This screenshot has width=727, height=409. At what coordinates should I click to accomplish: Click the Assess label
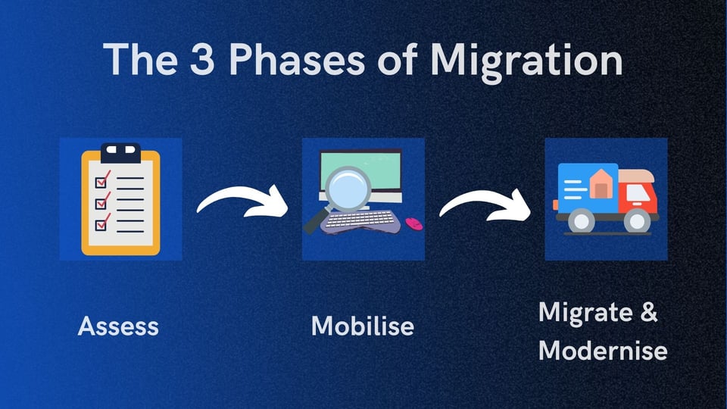[x=118, y=326]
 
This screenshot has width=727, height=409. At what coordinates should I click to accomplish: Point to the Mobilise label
[x=363, y=326]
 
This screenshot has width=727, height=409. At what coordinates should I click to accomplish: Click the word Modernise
[x=603, y=351]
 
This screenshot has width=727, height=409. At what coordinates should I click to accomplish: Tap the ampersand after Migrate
[x=648, y=313]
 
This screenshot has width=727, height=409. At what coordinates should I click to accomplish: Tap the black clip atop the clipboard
[x=120, y=150]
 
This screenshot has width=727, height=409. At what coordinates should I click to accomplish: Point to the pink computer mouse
[x=413, y=223]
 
